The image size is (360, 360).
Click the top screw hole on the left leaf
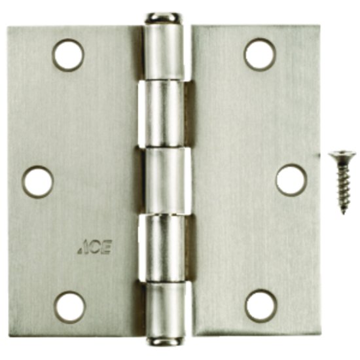[69, 55]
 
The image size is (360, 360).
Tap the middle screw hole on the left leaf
[37, 181]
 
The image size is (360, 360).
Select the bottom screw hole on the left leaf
[69, 307]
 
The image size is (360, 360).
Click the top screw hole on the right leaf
[259, 54]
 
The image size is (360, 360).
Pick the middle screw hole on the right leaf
[291, 180]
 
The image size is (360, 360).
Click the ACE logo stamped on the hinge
[94, 247]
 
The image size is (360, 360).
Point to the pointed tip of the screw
[344, 214]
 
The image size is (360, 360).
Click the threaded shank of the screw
[343, 186]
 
